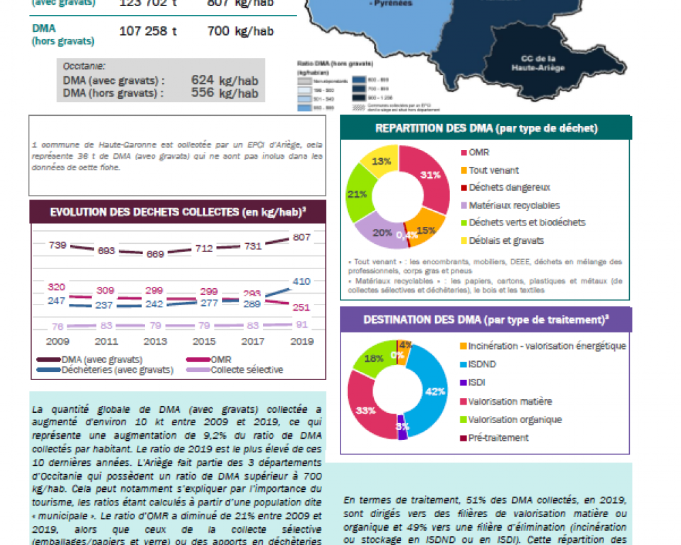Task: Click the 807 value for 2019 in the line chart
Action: pyautogui.click(x=301, y=238)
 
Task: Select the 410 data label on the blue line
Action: pyautogui.click(x=301, y=281)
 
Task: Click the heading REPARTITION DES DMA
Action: pyautogui.click(x=486, y=127)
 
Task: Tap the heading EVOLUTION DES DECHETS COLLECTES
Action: pyautogui.click(x=178, y=212)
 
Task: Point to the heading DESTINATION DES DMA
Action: pyautogui.click(x=486, y=320)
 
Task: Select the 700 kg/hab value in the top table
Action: pyautogui.click(x=235, y=31)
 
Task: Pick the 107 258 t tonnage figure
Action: pyautogui.click(x=148, y=31)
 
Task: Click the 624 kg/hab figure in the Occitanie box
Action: pyautogui.click(x=225, y=80)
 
